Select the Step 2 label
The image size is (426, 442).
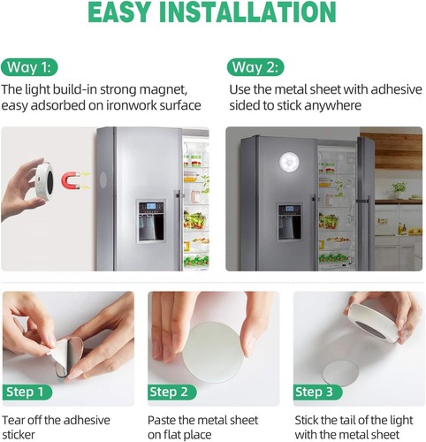point(174,392)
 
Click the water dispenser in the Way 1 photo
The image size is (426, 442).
point(149,220)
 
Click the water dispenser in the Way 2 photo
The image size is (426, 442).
point(289,222)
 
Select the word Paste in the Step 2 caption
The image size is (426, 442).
point(165,418)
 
